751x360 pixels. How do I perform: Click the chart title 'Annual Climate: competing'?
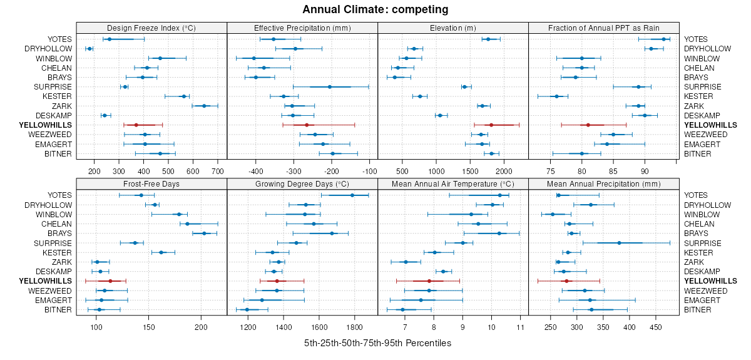click(375, 9)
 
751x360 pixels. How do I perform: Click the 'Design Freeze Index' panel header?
click(151, 28)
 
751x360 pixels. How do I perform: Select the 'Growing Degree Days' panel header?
click(302, 185)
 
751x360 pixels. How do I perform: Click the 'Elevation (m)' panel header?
click(453, 28)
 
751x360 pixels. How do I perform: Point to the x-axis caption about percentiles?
click(377, 344)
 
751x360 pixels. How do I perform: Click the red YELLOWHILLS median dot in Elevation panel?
click(491, 125)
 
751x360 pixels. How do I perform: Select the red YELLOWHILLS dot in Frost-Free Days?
click(110, 281)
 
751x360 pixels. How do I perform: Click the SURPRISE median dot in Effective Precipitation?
click(330, 87)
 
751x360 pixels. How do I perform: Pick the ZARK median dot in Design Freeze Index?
click(204, 106)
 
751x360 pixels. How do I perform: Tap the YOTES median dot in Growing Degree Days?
click(352, 195)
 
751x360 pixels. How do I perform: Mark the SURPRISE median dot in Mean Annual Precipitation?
click(619, 243)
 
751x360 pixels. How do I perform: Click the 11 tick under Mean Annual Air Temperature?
click(520, 326)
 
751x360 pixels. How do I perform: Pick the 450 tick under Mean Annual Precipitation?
click(656, 326)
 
